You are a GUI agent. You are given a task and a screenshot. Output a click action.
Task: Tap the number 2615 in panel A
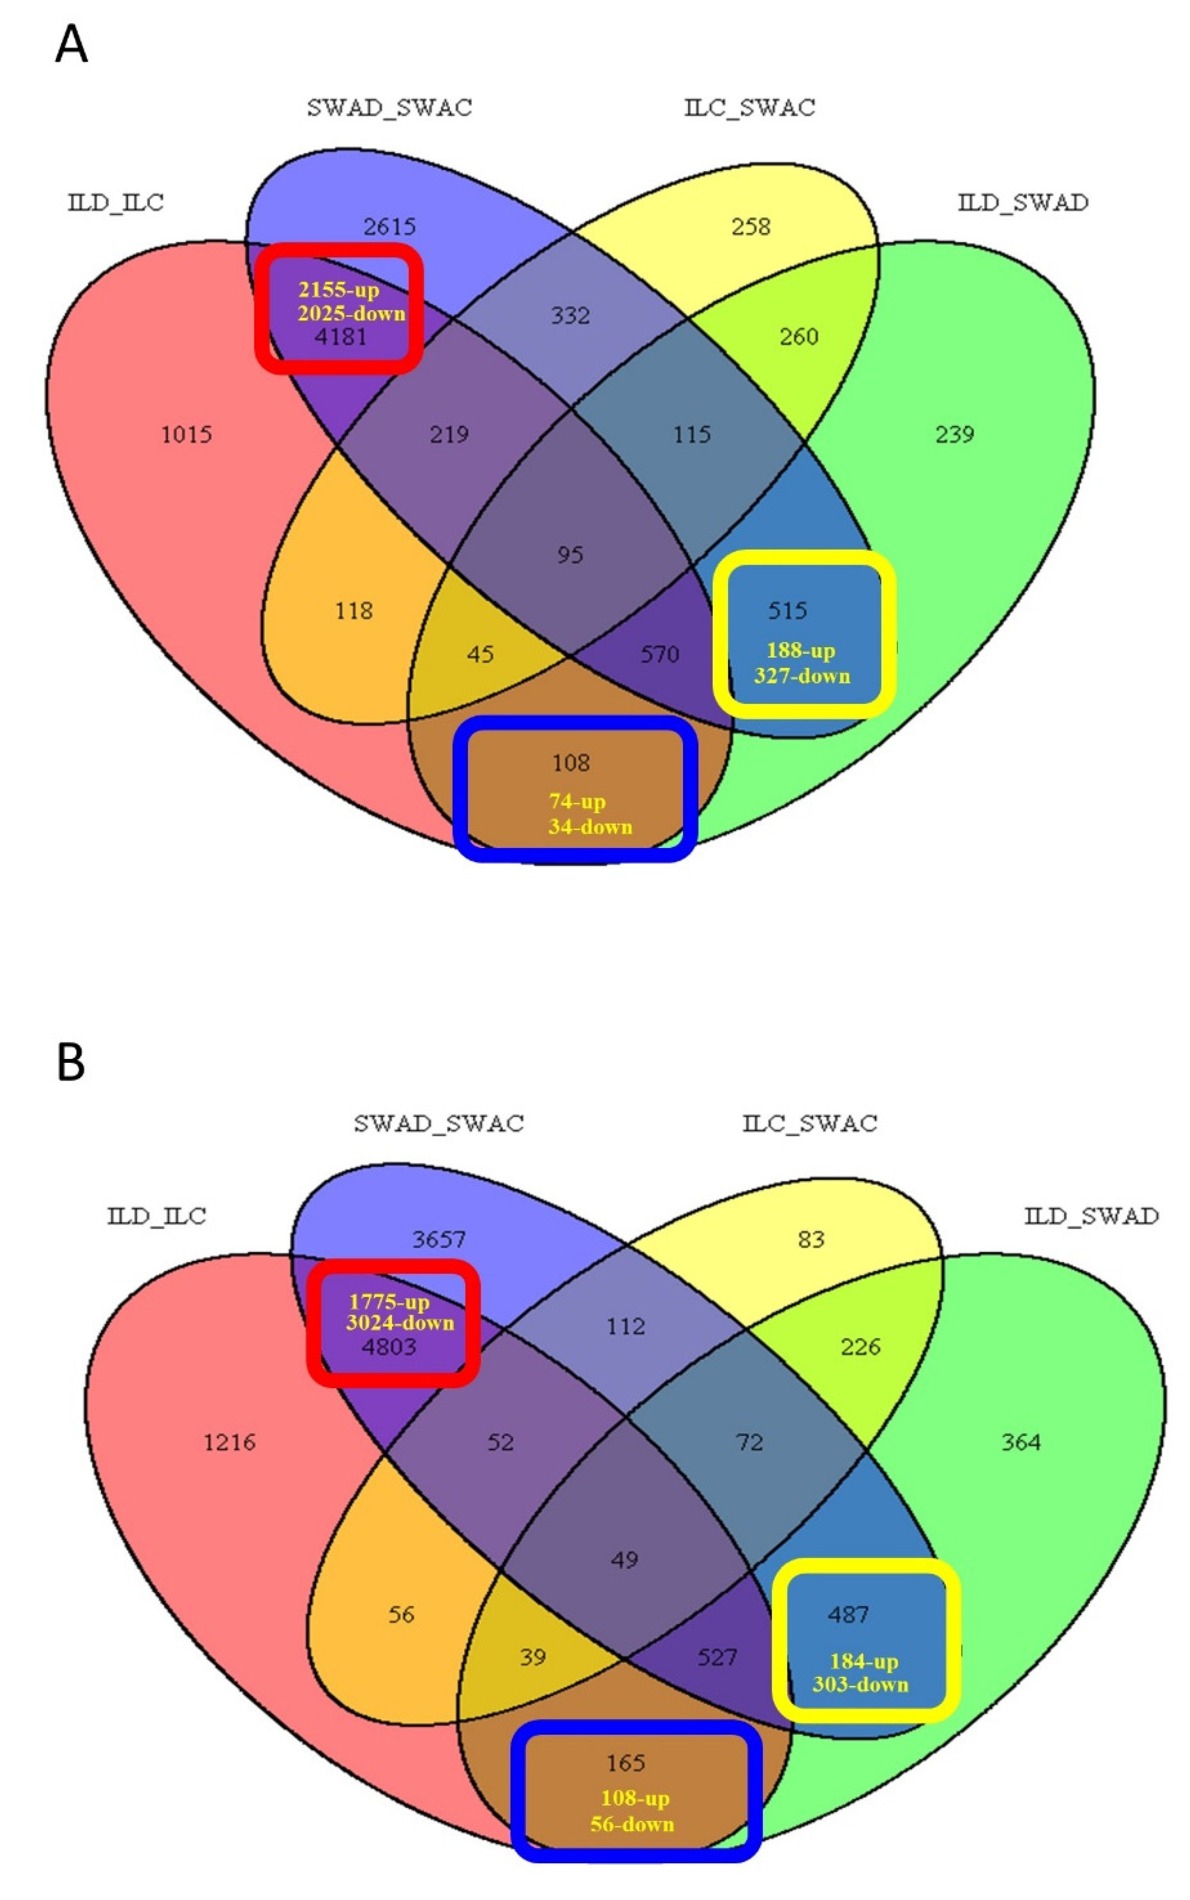click(x=390, y=227)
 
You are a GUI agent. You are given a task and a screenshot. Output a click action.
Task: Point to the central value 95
click(x=571, y=555)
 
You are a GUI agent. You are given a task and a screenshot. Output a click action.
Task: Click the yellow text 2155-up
click(x=339, y=290)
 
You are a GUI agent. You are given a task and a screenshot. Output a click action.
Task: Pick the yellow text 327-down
click(x=802, y=675)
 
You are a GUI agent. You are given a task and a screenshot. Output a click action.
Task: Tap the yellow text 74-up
click(x=577, y=801)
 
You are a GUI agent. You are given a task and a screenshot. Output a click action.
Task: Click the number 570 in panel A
click(x=659, y=654)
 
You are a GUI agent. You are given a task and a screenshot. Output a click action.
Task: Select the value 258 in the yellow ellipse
click(x=751, y=227)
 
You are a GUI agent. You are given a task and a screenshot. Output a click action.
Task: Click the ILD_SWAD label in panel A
click(x=1023, y=202)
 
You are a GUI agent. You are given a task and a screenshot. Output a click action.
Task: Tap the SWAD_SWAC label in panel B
click(x=438, y=1123)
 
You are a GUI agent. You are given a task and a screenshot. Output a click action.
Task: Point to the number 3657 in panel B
click(x=439, y=1240)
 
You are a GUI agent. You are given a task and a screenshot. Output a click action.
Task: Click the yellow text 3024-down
click(x=400, y=1322)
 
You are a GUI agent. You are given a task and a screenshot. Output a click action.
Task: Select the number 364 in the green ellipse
click(x=1021, y=1442)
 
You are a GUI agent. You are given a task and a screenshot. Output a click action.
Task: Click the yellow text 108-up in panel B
click(x=634, y=1798)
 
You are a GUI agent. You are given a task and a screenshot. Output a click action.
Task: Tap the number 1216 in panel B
click(x=230, y=1442)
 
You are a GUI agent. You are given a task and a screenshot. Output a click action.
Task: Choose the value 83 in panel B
click(x=811, y=1240)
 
